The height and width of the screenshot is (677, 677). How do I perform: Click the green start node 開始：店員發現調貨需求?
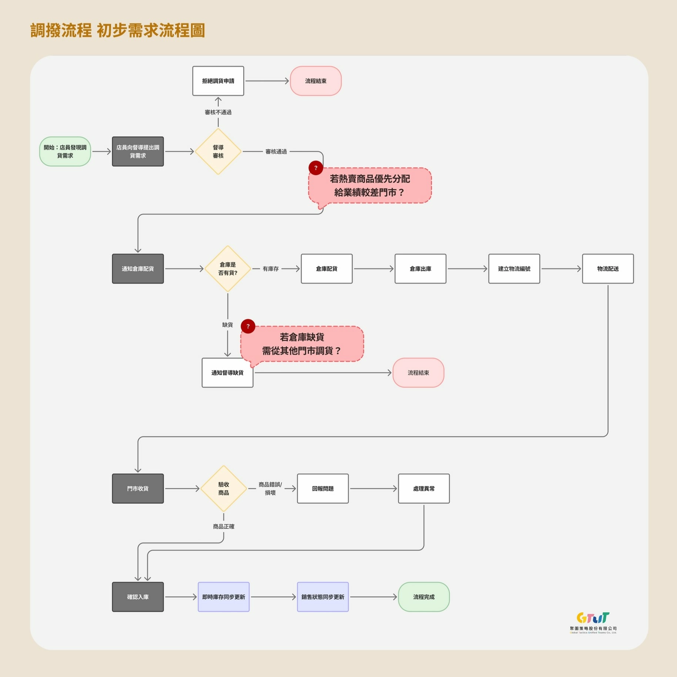pyautogui.click(x=65, y=151)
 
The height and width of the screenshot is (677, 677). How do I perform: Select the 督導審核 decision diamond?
pyautogui.click(x=218, y=151)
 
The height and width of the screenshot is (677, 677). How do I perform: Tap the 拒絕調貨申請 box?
pyautogui.click(x=218, y=81)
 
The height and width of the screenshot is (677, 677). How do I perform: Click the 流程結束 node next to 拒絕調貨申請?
pyautogui.click(x=315, y=81)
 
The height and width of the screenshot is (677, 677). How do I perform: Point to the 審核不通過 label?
pyautogui.click(x=218, y=112)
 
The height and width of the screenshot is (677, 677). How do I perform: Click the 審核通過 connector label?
pyautogui.click(x=276, y=151)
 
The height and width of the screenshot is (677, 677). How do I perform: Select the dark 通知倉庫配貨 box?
pyautogui.click(x=138, y=269)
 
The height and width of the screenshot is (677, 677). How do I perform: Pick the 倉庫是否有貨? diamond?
pyautogui.click(x=228, y=269)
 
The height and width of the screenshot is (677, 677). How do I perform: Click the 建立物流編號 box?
pyautogui.click(x=514, y=269)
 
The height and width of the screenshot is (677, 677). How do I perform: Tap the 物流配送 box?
pyautogui.click(x=607, y=269)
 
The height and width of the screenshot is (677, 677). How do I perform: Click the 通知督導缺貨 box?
pyautogui.click(x=227, y=373)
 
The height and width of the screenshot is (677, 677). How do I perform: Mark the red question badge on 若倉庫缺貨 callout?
pyautogui.click(x=248, y=326)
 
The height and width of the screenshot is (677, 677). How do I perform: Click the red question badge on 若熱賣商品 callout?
pyautogui.click(x=316, y=168)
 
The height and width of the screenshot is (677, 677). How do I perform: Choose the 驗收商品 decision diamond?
pyautogui.click(x=224, y=489)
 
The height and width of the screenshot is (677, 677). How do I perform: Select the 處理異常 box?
pyautogui.click(x=423, y=489)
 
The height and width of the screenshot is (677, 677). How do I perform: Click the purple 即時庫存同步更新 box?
pyautogui.click(x=224, y=597)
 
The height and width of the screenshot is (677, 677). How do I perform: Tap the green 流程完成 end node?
pyautogui.click(x=423, y=597)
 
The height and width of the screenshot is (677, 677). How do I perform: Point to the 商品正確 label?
pyautogui.click(x=224, y=526)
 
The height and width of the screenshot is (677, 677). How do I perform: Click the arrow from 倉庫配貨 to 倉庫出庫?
pyautogui.click(x=373, y=269)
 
